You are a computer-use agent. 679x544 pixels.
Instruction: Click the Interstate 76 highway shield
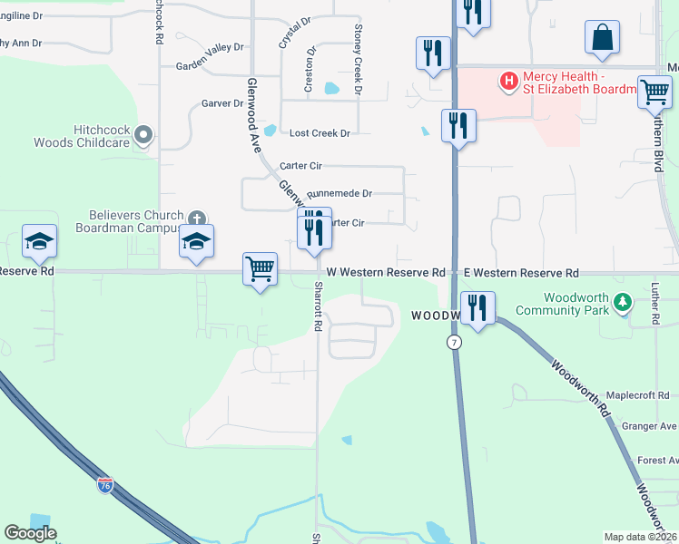tap(105, 485)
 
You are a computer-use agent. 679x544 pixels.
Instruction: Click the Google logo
tap(30, 533)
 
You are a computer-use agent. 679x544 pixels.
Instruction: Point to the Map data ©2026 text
tap(640, 537)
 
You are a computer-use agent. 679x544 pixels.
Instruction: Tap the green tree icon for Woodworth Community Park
tap(622, 303)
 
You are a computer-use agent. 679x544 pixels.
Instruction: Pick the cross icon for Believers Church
tap(196, 219)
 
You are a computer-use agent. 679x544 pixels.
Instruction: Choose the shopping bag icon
tap(602, 38)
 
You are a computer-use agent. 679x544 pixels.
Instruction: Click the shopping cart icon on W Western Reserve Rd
tap(261, 268)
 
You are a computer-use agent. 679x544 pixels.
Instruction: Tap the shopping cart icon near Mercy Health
tap(654, 92)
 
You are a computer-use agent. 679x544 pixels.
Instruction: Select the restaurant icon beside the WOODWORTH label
tap(477, 307)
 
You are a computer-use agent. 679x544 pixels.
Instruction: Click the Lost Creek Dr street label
tap(320, 133)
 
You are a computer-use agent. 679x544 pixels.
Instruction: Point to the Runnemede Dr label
tap(339, 194)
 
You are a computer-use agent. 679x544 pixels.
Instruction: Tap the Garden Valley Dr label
tap(210, 65)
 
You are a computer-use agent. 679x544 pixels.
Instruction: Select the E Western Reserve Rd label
tap(521, 273)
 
